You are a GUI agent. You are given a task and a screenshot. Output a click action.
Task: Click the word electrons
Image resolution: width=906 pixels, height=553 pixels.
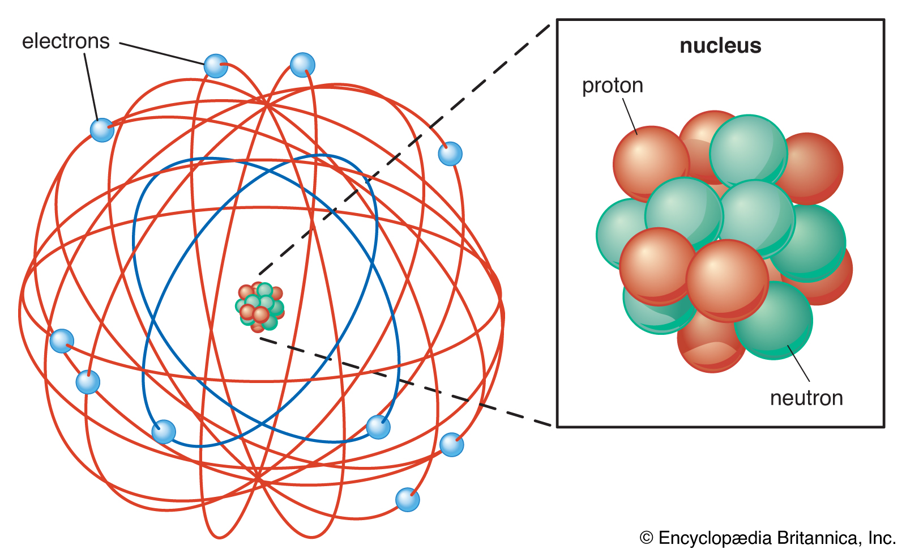[66, 41]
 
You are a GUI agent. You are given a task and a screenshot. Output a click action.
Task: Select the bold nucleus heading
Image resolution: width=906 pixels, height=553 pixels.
[720, 45]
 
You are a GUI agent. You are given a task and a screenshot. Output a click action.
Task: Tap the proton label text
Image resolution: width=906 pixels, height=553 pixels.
[612, 86]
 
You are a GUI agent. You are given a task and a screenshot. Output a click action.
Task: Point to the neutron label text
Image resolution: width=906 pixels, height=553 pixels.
[806, 398]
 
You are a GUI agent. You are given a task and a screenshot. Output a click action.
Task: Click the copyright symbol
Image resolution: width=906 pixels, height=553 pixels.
[646, 538]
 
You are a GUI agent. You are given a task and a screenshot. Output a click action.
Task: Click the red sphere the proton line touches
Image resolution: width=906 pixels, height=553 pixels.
[651, 164]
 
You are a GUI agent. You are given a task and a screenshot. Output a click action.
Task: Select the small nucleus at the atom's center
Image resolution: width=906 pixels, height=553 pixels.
[260, 307]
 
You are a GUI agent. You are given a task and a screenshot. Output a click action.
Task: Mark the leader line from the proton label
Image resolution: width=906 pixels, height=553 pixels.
[630, 117]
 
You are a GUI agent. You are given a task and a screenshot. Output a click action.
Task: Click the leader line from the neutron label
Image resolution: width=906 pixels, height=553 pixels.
[798, 363]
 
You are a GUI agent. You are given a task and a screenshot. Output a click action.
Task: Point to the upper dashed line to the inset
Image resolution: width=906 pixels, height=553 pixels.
[404, 150]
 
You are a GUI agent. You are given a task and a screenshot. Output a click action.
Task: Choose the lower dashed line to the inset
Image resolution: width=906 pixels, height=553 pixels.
[405, 382]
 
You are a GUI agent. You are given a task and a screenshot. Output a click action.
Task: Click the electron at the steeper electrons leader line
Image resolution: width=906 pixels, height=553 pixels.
[102, 130]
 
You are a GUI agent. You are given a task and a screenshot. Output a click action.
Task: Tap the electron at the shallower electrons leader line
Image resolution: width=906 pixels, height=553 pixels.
[216, 66]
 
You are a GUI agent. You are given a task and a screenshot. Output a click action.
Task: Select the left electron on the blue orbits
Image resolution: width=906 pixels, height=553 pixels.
[164, 432]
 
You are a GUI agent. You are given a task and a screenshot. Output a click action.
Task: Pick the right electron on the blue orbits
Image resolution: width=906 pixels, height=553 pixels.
[378, 427]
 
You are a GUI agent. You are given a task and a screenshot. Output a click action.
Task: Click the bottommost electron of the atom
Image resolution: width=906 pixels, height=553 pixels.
[407, 500]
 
